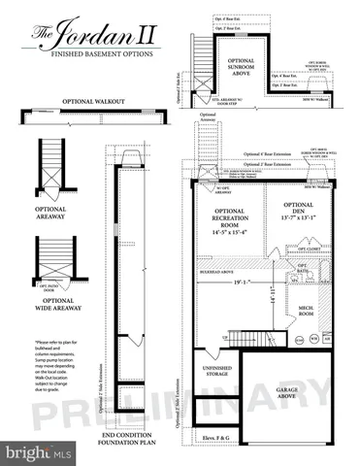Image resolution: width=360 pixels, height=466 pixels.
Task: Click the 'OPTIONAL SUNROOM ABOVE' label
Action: coord(241,68)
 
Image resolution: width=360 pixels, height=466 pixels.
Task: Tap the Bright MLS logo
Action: coord(39,452)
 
